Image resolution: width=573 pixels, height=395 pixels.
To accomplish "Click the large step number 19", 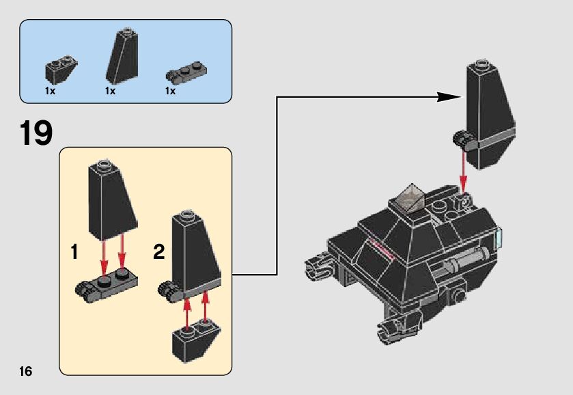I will (x=36, y=133).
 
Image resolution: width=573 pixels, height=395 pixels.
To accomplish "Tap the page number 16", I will (x=26, y=371).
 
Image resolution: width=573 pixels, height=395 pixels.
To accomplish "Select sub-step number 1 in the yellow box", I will (x=74, y=252).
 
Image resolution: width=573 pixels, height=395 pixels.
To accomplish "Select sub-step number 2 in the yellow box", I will (x=159, y=252).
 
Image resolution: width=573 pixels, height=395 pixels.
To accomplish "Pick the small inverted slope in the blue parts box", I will (x=61, y=68).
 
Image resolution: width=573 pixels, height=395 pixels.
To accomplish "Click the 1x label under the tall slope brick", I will (x=110, y=91).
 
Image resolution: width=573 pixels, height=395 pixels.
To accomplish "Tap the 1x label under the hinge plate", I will (x=171, y=91).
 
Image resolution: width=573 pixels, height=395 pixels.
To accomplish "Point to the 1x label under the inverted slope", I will (x=51, y=91).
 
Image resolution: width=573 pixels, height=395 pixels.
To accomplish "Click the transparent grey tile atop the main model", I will (x=413, y=196).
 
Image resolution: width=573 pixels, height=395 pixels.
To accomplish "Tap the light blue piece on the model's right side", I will (x=498, y=239).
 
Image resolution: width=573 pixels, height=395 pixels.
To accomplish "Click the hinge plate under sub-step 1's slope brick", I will (x=107, y=283).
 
